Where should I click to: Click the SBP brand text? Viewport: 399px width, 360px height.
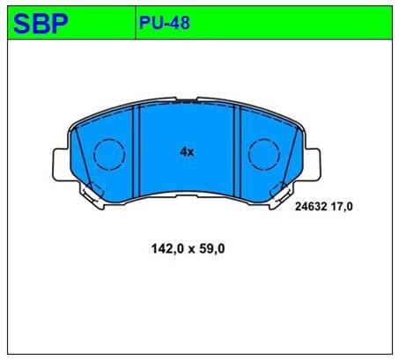click(x=41, y=24)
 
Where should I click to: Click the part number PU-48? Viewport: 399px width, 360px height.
click(x=165, y=23)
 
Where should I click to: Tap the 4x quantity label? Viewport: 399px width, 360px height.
click(x=187, y=152)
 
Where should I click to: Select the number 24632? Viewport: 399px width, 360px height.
click(x=311, y=207)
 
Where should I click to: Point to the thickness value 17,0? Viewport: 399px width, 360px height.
click(x=342, y=207)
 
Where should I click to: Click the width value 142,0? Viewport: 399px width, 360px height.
click(x=167, y=249)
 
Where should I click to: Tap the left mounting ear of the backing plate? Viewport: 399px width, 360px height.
click(x=61, y=164)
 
